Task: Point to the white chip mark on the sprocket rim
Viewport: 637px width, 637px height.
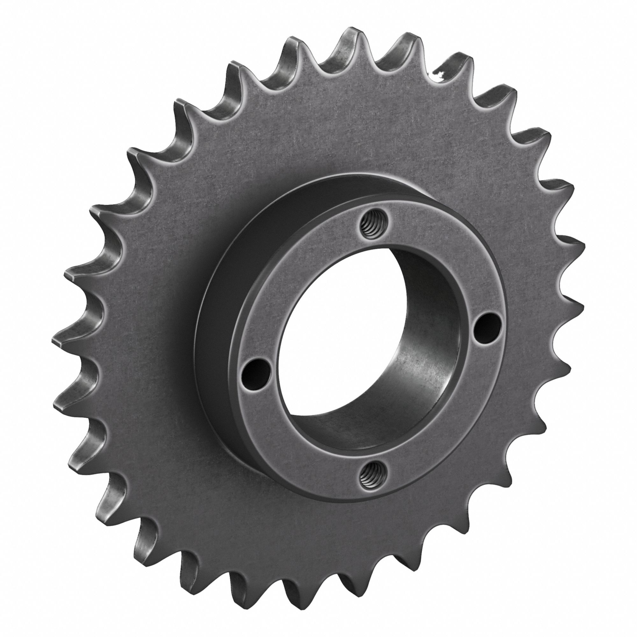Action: click(x=439, y=75)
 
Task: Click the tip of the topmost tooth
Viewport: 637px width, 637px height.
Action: click(x=350, y=33)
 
